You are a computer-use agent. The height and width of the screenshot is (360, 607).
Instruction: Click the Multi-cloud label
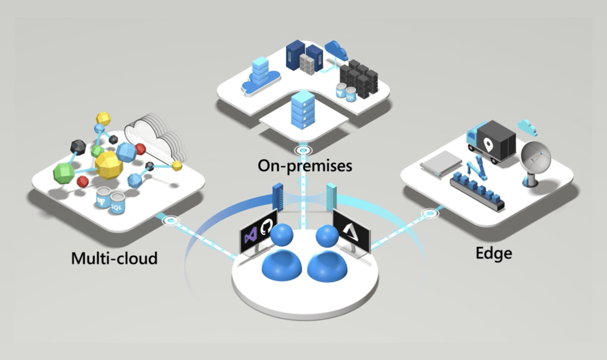115,258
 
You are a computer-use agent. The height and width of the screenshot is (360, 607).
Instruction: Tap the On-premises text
305,166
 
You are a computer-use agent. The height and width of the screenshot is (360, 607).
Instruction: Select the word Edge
494,253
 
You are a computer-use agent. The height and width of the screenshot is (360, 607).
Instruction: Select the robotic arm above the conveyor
475,170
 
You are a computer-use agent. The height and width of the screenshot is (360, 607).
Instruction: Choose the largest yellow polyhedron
109,164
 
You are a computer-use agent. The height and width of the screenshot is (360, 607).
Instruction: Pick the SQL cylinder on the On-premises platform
350,95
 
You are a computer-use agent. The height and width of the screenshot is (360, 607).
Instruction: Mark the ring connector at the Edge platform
430,214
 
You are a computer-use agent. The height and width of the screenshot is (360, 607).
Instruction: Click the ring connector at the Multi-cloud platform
171,221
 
